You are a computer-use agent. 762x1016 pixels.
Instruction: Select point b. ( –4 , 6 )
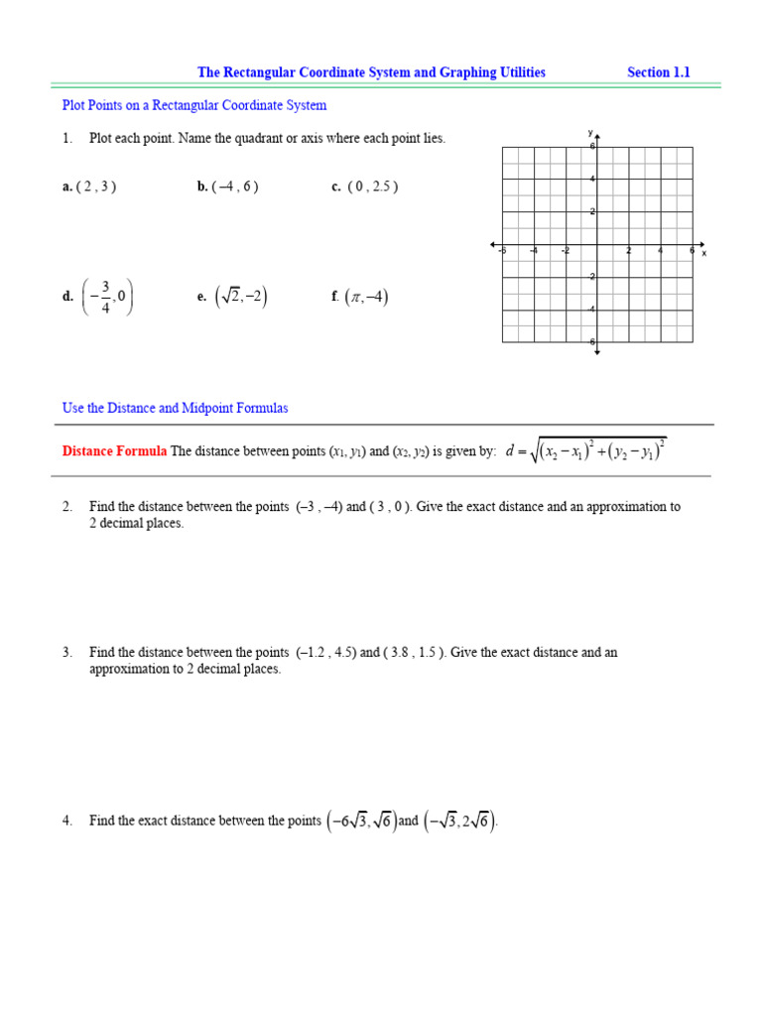click(x=228, y=187)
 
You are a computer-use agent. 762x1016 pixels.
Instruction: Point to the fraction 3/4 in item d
click(x=105, y=296)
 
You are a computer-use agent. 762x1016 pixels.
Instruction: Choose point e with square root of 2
click(x=232, y=296)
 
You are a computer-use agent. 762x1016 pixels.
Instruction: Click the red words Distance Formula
click(x=114, y=451)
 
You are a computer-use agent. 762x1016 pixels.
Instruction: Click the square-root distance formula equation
click(x=585, y=451)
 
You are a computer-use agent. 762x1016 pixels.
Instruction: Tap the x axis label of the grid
click(x=704, y=254)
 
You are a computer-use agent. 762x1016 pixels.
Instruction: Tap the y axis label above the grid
click(x=589, y=132)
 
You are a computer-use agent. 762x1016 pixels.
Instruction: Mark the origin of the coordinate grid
click(x=597, y=244)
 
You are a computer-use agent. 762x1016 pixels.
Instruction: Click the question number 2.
click(x=67, y=507)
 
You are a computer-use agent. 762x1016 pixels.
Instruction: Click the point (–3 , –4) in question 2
click(x=318, y=507)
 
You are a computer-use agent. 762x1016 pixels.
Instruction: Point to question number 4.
click(x=67, y=822)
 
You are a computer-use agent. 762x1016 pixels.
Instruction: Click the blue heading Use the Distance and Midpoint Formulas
click(x=176, y=408)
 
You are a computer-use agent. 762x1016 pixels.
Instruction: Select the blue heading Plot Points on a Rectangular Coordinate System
click(x=194, y=105)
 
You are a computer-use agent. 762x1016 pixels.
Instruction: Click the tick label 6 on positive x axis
click(x=692, y=251)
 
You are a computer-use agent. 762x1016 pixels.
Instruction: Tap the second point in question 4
click(x=459, y=822)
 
